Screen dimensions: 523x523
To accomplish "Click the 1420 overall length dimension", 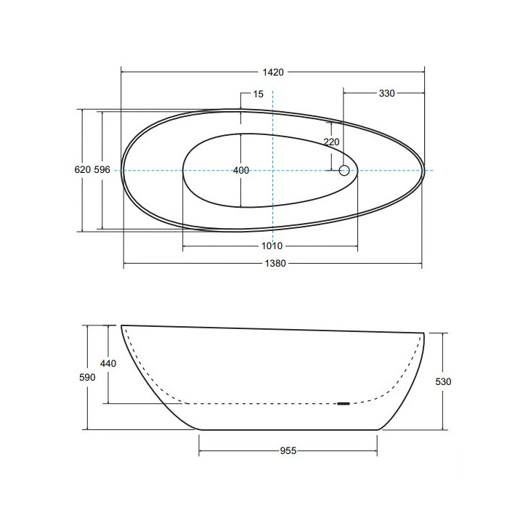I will coord(272,72).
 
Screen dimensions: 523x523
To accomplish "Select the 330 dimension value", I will coord(386,94).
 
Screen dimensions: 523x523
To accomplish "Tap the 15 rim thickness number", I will coord(259,94).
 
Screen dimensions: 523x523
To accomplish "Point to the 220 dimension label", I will coord(331,142).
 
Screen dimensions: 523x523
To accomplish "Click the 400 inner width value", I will coord(241,171).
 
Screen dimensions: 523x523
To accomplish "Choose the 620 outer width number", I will coord(82,170).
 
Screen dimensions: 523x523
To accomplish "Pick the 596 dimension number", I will coord(102,170).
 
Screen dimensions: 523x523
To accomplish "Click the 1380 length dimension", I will coord(272,264).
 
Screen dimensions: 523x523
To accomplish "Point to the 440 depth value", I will coord(108,364).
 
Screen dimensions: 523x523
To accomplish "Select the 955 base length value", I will coord(288,450).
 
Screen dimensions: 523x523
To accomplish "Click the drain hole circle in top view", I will coord(345,171).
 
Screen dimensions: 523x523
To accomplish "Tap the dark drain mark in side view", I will coord(343,403).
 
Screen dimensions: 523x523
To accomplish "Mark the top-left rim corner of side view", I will coord(121,325).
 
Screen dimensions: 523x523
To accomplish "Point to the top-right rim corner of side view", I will coord(423,333).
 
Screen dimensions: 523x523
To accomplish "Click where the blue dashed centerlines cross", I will coord(272,171).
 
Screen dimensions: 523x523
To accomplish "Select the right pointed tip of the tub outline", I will coord(423,171).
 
